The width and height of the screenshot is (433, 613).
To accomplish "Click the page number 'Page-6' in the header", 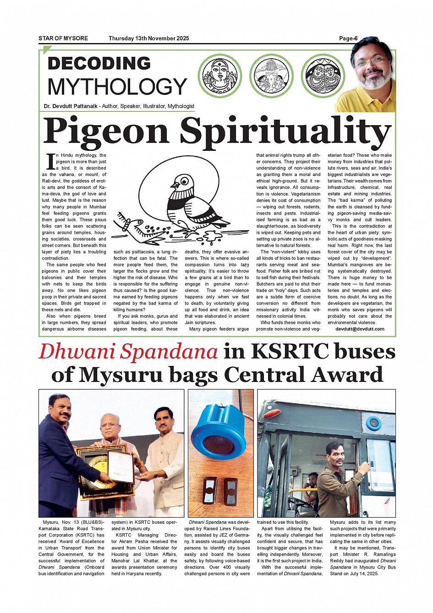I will point(348,39).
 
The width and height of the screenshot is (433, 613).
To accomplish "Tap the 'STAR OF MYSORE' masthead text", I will point(63,39).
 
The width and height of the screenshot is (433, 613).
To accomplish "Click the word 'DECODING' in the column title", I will point(99,63).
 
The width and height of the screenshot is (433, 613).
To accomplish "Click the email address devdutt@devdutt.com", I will point(360,329).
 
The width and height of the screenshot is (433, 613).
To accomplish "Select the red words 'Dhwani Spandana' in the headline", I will point(128,352).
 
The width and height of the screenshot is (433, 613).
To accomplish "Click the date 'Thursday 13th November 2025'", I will point(148,39).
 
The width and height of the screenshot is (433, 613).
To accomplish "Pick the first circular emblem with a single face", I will point(220,76).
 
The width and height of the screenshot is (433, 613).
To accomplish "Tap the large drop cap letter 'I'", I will point(51,161).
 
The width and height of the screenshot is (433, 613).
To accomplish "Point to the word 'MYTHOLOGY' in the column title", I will point(117,87).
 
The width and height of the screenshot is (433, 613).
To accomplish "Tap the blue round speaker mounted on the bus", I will point(373,423).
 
